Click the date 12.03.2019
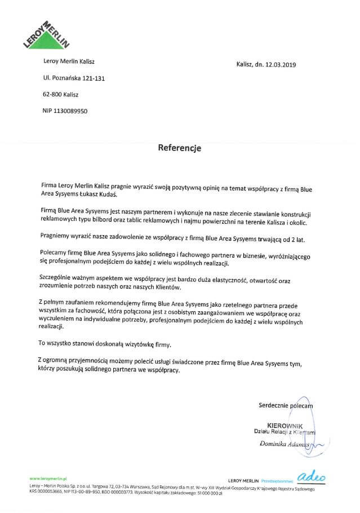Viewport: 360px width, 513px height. click(280, 65)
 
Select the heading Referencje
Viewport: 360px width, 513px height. click(179, 149)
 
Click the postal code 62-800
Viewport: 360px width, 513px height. click(52, 95)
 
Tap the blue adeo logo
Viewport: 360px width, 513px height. click(314, 477)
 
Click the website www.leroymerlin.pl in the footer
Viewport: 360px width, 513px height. click(48, 477)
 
